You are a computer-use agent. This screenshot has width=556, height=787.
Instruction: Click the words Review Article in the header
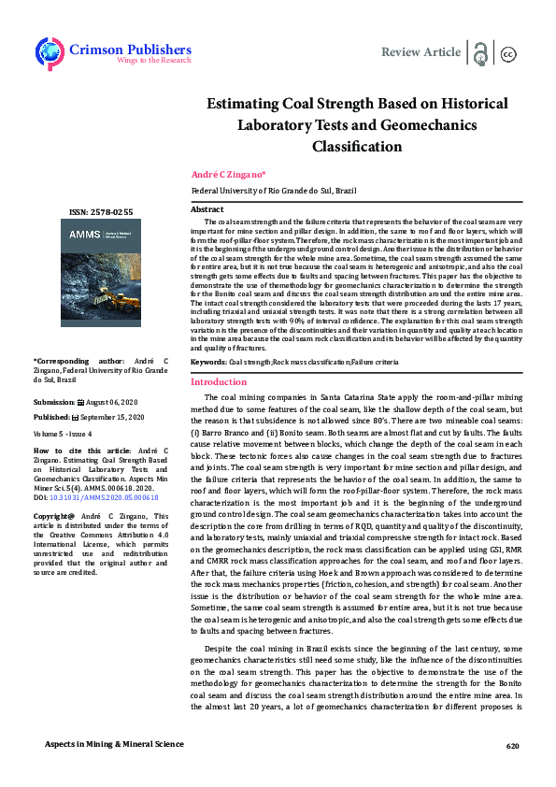tap(421, 51)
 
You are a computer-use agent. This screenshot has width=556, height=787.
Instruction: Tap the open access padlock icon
tap(481, 52)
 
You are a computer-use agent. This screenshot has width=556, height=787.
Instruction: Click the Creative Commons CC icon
tap(509, 53)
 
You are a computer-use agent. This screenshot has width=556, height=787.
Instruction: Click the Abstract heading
tap(207, 210)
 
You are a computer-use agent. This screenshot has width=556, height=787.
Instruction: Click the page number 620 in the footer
tap(511, 746)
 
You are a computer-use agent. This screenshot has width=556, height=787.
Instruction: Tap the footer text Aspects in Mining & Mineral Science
tap(116, 745)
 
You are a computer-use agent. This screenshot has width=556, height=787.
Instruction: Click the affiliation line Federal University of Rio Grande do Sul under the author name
tap(273, 190)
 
